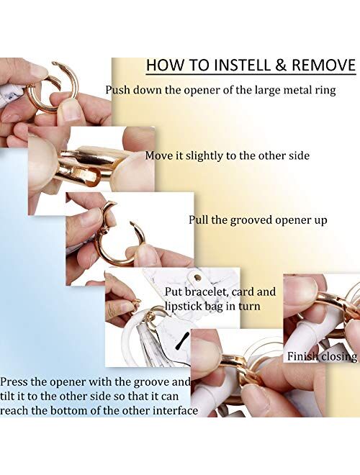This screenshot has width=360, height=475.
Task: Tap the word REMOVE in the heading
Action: pos(323,65)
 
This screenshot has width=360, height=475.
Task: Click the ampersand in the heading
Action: pos(281,65)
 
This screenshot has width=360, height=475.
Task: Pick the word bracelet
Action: pos(206,291)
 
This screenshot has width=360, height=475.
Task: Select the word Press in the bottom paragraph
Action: pos(14,381)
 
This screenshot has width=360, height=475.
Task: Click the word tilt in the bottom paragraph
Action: pos(8,396)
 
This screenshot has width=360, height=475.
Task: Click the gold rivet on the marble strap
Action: pos(198,277)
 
